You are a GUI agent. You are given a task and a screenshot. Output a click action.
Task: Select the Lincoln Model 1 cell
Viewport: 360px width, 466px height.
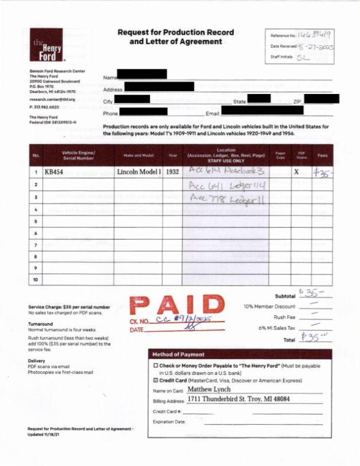pos(139,172)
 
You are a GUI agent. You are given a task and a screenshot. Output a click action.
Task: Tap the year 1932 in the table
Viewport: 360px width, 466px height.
pos(172,172)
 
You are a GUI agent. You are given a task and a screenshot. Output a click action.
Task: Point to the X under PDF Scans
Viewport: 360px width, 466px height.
pos(296,172)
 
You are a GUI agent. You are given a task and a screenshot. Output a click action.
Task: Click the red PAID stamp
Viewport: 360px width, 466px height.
pos(177,306)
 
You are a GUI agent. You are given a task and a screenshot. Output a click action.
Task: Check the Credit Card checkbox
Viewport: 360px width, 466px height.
pos(155,380)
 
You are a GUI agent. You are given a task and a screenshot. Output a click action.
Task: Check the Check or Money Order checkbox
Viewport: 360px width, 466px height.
pos(155,366)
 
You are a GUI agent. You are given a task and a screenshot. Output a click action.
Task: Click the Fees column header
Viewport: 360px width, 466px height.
pos(322,155)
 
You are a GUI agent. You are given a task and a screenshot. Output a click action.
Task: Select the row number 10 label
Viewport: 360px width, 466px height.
pos(36,281)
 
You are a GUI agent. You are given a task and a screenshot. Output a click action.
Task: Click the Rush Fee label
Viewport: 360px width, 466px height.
pos(284,317)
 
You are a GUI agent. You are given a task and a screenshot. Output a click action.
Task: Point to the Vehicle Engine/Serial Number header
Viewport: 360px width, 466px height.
pos(78,155)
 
